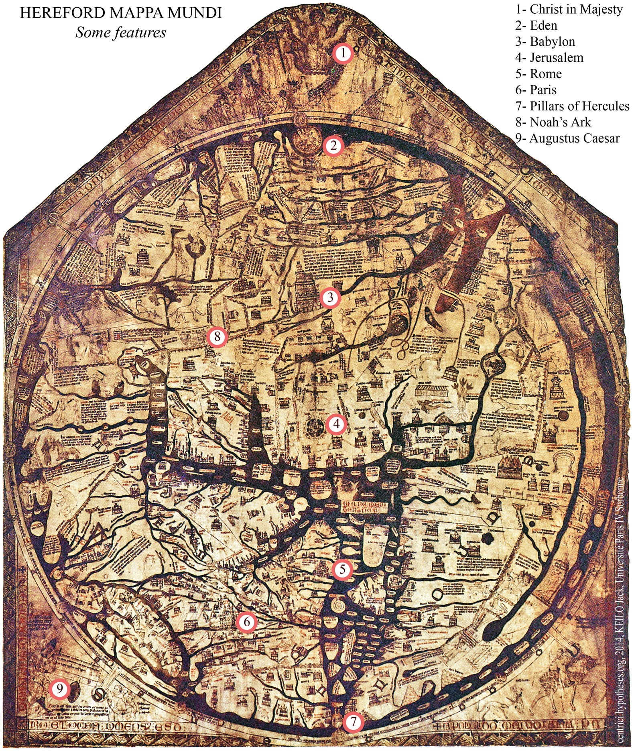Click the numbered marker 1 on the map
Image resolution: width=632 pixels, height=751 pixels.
[x=343, y=53]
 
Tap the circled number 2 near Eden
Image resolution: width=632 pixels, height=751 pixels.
[x=333, y=146]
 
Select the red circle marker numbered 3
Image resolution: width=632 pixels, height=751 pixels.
[x=330, y=297]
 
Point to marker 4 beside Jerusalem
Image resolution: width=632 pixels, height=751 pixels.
[x=336, y=424]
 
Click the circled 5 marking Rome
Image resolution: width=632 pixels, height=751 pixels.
[x=342, y=569]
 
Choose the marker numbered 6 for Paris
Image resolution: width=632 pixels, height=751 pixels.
[x=246, y=622]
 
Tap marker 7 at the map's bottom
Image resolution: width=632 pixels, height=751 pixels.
[x=353, y=721]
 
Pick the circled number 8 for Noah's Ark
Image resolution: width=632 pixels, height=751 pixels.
[x=217, y=336]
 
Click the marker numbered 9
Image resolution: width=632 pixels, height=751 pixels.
[x=60, y=689]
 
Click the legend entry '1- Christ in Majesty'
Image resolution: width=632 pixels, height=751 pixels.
[x=569, y=9]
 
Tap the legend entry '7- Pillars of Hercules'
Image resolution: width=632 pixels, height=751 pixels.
[x=572, y=106]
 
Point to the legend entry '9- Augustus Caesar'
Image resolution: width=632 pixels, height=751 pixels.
[x=567, y=138]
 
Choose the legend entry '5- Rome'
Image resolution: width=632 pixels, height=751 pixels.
[x=538, y=74]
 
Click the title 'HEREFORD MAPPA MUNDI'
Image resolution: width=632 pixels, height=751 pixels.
[x=121, y=13]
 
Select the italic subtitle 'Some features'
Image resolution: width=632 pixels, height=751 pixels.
[x=121, y=33]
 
